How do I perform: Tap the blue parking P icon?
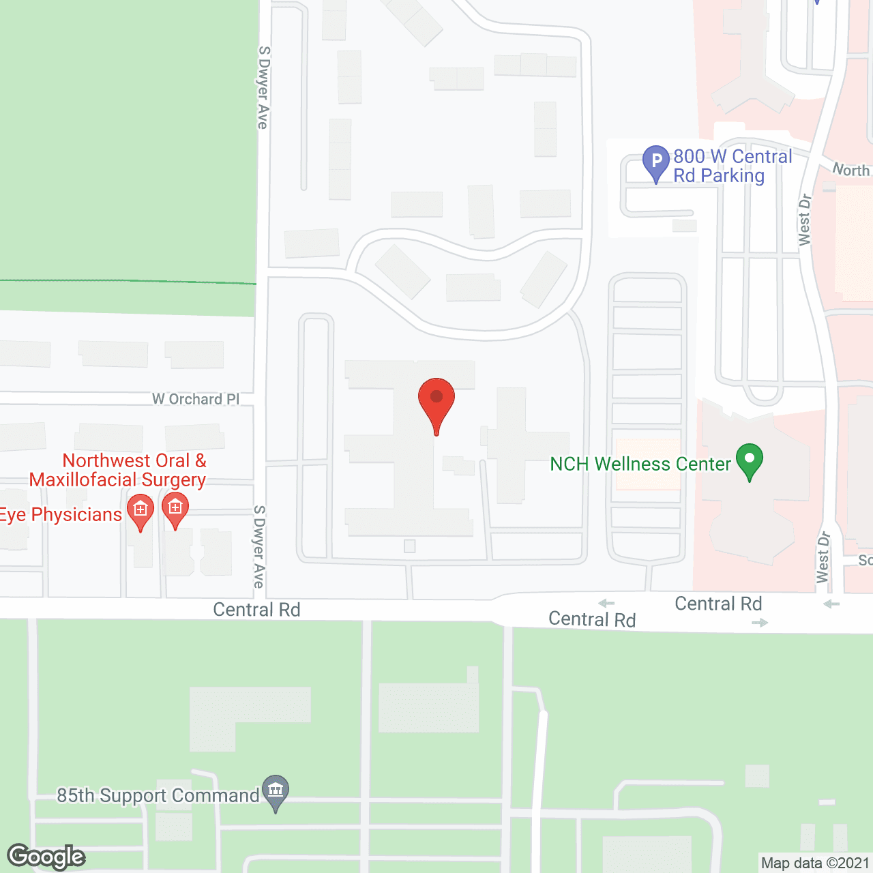coord(656,162)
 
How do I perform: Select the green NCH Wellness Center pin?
coord(749,460)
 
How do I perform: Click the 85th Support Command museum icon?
coord(276,791)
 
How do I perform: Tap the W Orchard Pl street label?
coord(196,399)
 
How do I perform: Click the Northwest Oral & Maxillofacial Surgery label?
coord(118,471)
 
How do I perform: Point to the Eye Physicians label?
coord(61,515)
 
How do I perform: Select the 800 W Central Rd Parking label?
coord(733,166)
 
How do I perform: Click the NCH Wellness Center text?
coord(640,464)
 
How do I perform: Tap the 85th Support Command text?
coord(158,796)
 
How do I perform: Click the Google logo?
coord(46,857)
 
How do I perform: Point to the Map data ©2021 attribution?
coord(816,863)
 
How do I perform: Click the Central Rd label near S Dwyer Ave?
coord(256,610)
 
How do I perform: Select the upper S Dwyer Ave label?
coord(263,87)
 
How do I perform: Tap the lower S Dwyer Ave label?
coord(259,546)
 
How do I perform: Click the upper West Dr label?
coord(805,220)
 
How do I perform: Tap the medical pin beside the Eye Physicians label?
coord(140,511)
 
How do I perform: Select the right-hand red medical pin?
coord(175,509)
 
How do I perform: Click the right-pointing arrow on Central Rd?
coord(760,623)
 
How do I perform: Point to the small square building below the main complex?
coord(410,546)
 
